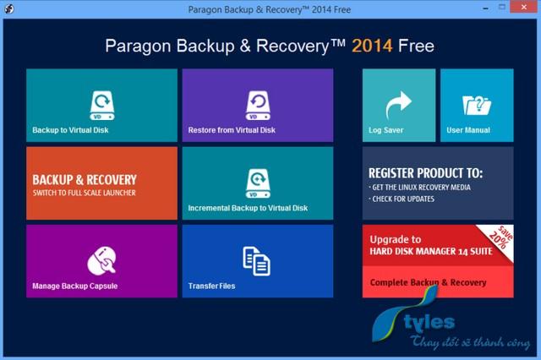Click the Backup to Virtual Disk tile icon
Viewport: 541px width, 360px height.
click(x=102, y=106)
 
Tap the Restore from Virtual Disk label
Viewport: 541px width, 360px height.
click(x=232, y=130)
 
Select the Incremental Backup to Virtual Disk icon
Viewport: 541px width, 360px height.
click(x=258, y=183)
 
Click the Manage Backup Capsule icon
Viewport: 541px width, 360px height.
click(x=101, y=261)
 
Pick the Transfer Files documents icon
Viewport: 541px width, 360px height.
click(x=256, y=261)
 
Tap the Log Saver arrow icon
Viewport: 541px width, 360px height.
click(x=398, y=105)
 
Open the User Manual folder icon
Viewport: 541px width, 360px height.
click(x=477, y=105)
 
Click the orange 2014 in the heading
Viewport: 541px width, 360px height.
click(x=372, y=46)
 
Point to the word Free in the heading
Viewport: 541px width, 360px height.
click(x=416, y=46)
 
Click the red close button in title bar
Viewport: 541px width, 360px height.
click(x=523, y=7)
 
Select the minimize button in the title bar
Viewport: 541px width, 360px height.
click(x=486, y=8)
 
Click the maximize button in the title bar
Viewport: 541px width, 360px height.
click(x=502, y=7)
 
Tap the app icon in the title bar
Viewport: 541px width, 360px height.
click(x=9, y=8)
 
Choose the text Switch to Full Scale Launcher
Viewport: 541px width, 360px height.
click(x=85, y=193)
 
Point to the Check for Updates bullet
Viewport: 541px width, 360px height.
click(x=402, y=199)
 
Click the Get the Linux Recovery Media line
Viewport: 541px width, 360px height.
click(x=419, y=188)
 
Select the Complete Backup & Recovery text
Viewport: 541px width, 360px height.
click(x=429, y=282)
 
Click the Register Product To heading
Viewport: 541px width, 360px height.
click(x=425, y=173)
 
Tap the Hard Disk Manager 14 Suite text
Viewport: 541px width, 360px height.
click(x=431, y=251)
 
